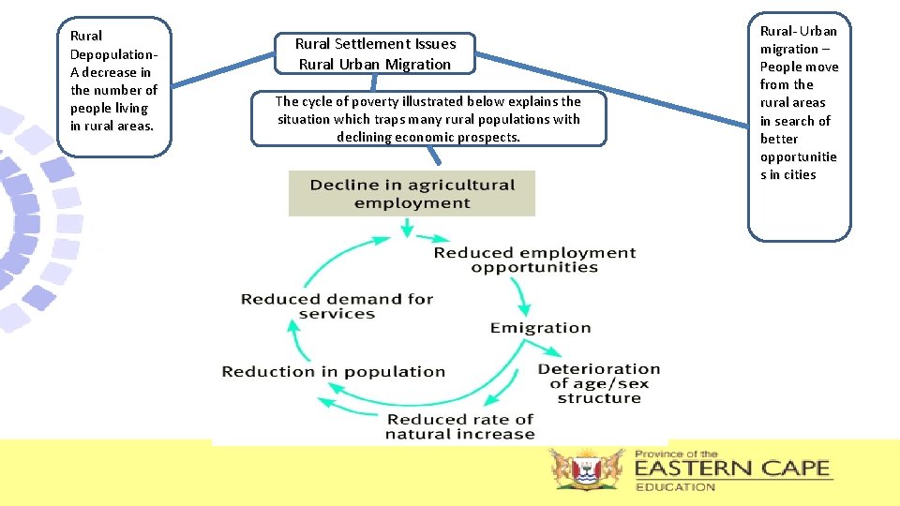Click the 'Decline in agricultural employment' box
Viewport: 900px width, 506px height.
[412, 194]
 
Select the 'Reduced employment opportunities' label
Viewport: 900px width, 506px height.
[534, 260]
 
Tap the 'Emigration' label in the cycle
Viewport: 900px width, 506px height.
[540, 328]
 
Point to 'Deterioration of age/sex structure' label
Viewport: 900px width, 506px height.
[598, 383]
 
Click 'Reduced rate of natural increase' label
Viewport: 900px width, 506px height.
[459, 426]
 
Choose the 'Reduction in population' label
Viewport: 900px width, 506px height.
[333, 372]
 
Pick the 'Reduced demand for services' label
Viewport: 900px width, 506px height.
[337, 306]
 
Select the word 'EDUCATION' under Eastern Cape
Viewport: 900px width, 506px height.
[675, 486]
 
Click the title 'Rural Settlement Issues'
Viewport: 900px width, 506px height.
[375, 44]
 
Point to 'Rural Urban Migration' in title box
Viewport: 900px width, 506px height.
[375, 65]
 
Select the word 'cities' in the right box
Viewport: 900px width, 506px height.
[800, 175]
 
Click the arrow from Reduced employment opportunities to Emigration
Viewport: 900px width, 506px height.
[521, 297]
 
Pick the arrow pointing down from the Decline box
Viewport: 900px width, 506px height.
[406, 228]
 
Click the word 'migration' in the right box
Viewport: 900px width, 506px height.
[789, 49]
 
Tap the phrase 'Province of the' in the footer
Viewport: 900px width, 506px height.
[676, 454]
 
